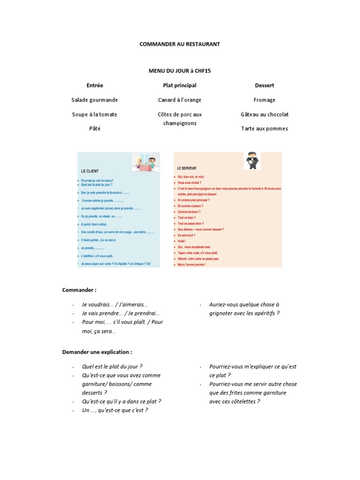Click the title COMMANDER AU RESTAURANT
[180, 44]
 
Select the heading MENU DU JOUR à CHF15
[180, 71]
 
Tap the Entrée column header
[95, 85]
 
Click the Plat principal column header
[180, 85]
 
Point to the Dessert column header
[264, 85]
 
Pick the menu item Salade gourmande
[95, 100]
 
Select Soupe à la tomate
[95, 114]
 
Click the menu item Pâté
[95, 128]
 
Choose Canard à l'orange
[180, 100]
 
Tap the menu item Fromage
[264, 100]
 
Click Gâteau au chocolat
[264, 114]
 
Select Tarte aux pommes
[264, 128]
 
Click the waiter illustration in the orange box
[252, 160]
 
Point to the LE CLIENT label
[90, 171]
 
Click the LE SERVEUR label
[187, 168]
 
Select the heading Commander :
[79, 290]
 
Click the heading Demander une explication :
[97, 352]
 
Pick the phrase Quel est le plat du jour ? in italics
[112, 367]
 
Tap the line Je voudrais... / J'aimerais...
[115, 304]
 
